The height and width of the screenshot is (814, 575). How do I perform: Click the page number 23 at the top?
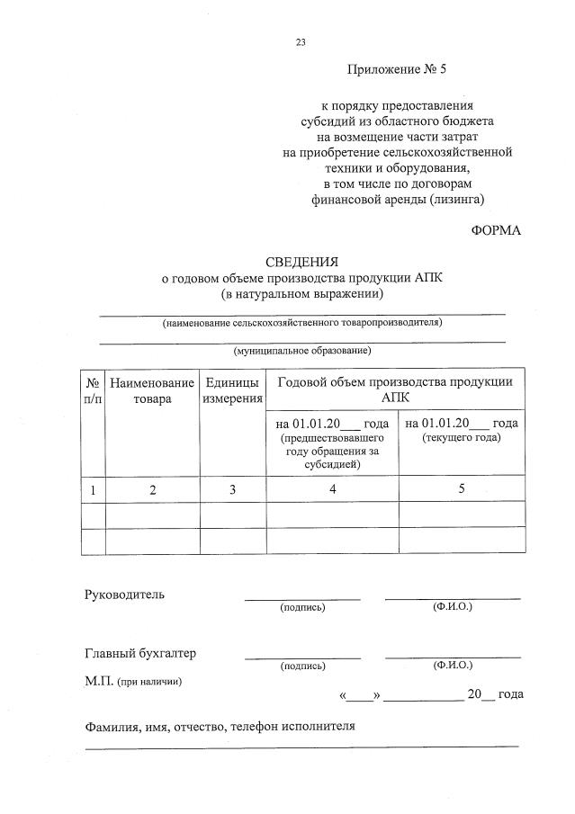[301, 42]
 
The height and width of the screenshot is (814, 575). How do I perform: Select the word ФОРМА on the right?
[496, 230]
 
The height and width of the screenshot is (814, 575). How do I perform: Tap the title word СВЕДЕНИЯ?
[301, 263]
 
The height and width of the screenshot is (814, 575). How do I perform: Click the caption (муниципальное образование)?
[301, 350]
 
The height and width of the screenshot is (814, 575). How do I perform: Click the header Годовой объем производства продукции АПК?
[395, 389]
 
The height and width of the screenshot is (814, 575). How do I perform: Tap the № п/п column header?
[93, 390]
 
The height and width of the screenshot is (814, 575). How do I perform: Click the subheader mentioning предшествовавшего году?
[332, 443]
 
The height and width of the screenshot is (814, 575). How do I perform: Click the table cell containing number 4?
[332, 489]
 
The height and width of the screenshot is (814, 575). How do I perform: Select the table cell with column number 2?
[152, 489]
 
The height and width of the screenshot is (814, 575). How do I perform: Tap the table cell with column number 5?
[462, 489]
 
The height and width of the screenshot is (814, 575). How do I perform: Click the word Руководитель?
[125, 595]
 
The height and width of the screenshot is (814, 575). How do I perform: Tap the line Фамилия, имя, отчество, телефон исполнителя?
[220, 726]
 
